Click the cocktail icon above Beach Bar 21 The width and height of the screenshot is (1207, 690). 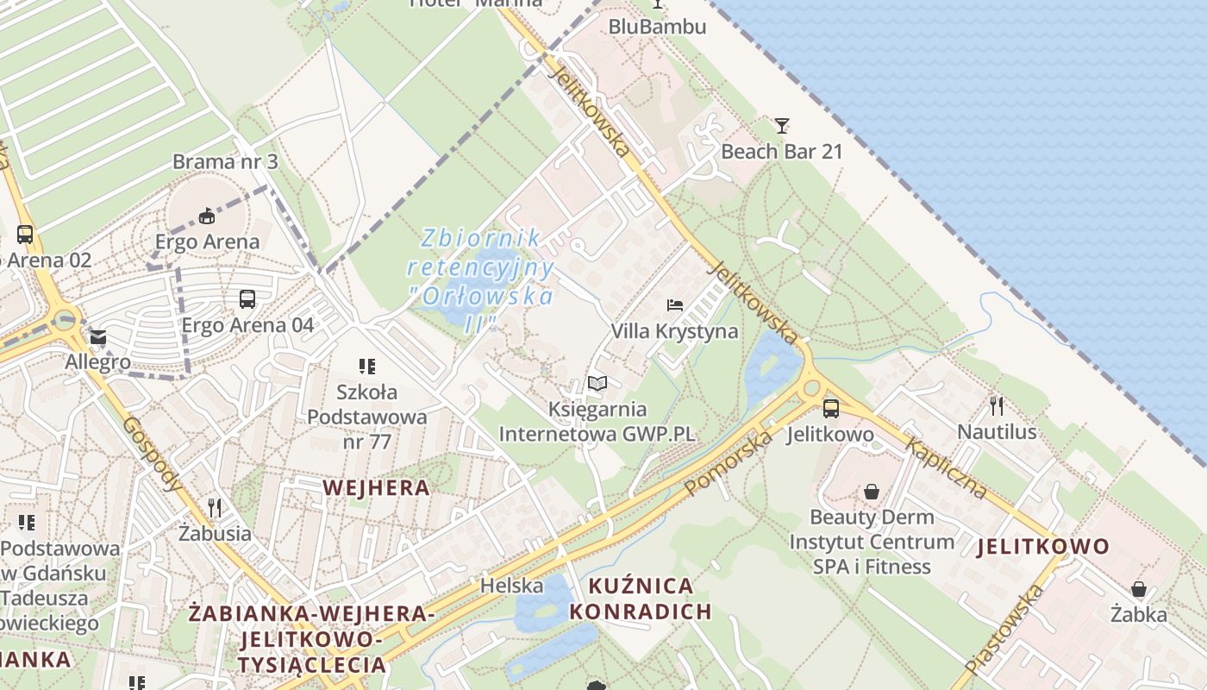click(x=781, y=126)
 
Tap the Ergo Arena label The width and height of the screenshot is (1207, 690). click(x=207, y=241)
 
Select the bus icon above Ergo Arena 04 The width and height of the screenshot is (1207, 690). click(x=247, y=299)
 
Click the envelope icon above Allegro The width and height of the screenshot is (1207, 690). click(x=97, y=337)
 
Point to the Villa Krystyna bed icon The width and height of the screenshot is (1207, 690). click(x=675, y=305)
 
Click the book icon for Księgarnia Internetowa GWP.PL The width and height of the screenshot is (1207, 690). click(x=597, y=383)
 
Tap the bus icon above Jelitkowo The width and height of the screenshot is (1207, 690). click(x=830, y=409)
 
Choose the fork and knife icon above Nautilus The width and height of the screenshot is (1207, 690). click(x=997, y=405)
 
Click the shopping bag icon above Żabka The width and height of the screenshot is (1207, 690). click(x=1138, y=589)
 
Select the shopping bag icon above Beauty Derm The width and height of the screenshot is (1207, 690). click(x=872, y=492)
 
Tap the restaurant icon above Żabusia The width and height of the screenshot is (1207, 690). click(x=215, y=507)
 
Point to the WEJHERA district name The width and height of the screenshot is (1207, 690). click(x=376, y=487)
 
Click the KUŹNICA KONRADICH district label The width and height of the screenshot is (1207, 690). click(x=641, y=599)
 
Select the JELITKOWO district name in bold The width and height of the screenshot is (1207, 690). click(x=1043, y=546)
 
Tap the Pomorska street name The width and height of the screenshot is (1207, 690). click(x=729, y=463)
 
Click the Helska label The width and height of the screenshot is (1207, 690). click(x=512, y=586)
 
